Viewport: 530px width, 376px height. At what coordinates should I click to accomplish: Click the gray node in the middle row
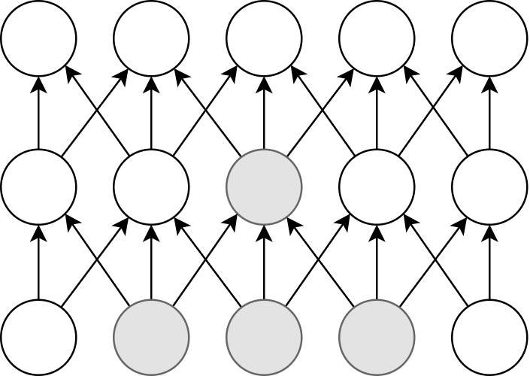tap(264, 186)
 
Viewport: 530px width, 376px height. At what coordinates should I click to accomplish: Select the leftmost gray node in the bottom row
tap(151, 337)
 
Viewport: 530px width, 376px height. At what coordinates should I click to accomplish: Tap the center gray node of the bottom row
tap(264, 337)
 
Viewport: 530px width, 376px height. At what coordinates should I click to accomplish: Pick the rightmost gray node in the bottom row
tap(377, 337)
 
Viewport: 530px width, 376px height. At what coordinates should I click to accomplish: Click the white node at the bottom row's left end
tap(38, 337)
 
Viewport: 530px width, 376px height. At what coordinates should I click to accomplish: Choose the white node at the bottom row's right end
tap(489, 337)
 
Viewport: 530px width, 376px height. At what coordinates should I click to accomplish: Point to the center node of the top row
tap(264, 38)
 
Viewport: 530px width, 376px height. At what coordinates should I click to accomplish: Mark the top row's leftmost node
tap(38, 38)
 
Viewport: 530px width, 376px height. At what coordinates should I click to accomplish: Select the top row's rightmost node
tap(489, 38)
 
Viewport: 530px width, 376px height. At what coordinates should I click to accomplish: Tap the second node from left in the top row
tap(151, 38)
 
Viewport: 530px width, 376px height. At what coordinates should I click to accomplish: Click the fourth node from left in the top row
tap(377, 38)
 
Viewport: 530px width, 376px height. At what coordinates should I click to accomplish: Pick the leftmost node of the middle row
tap(38, 186)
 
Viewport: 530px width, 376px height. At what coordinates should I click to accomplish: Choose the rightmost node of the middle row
tap(489, 186)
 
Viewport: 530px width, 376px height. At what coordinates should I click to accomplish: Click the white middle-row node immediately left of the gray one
tap(151, 186)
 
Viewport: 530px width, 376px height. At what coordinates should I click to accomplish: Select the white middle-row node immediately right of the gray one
tap(377, 186)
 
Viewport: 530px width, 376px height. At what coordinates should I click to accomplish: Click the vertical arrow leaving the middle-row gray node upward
tap(264, 113)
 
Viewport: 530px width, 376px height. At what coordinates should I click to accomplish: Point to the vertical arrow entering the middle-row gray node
tap(264, 262)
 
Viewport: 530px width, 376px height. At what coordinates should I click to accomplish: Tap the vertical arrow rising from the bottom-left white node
tap(38, 262)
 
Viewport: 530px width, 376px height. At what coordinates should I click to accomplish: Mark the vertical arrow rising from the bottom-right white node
tap(489, 262)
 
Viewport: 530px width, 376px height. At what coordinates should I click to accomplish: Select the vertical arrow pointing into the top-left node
tap(38, 113)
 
